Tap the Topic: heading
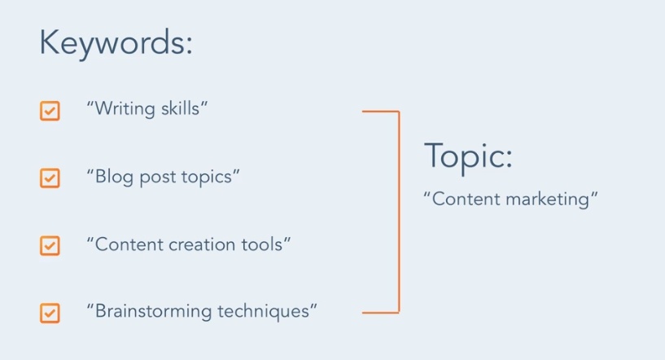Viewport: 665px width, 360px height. click(468, 157)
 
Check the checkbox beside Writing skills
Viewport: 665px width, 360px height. click(50, 111)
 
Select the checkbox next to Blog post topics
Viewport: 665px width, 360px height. click(50, 178)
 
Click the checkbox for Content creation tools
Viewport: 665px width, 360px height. click(50, 246)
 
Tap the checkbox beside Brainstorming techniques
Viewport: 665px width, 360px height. click(50, 314)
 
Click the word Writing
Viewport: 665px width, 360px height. click(125, 109)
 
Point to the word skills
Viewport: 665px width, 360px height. click(180, 108)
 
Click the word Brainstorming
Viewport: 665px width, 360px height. click(154, 312)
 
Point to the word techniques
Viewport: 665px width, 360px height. click(264, 312)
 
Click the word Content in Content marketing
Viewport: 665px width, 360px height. click(466, 199)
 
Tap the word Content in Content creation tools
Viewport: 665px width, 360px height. click(129, 245)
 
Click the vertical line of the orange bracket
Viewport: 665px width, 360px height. click(399, 212)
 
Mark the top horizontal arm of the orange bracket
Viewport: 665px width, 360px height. click(381, 112)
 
